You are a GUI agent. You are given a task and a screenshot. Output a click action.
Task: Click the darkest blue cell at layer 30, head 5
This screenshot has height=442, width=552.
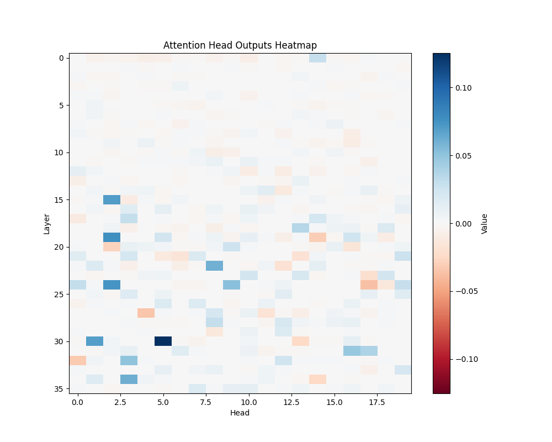[x=163, y=341]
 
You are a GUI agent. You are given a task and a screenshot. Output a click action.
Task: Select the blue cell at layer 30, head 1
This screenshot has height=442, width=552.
[x=94, y=341]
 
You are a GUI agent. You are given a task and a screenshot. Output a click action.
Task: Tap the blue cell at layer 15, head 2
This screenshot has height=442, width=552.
[x=112, y=199]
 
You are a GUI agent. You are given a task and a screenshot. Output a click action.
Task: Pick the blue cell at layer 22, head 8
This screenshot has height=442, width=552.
[x=214, y=266]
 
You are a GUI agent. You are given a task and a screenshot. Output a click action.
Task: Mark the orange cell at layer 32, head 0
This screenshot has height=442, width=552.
[x=77, y=360]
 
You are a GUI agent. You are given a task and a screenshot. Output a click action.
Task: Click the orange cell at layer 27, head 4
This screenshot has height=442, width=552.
[x=146, y=313]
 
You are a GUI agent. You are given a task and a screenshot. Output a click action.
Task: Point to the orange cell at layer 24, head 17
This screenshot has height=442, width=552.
[x=368, y=285]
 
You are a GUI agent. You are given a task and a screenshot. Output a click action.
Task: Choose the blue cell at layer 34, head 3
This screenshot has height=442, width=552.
[x=129, y=379]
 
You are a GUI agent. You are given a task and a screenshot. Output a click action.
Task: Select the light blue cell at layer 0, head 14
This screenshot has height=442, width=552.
[x=317, y=58]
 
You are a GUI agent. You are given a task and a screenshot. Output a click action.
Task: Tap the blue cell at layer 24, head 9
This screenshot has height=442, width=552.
[x=231, y=285]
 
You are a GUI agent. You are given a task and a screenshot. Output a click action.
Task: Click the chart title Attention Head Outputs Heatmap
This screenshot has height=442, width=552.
[x=240, y=45]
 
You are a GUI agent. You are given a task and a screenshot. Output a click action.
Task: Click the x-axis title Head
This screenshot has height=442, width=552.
[x=240, y=413]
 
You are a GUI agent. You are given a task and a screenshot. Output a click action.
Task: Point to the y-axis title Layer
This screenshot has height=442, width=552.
[x=47, y=223]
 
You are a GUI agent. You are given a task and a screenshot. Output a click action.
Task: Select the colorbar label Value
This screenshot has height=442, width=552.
[x=484, y=223]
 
